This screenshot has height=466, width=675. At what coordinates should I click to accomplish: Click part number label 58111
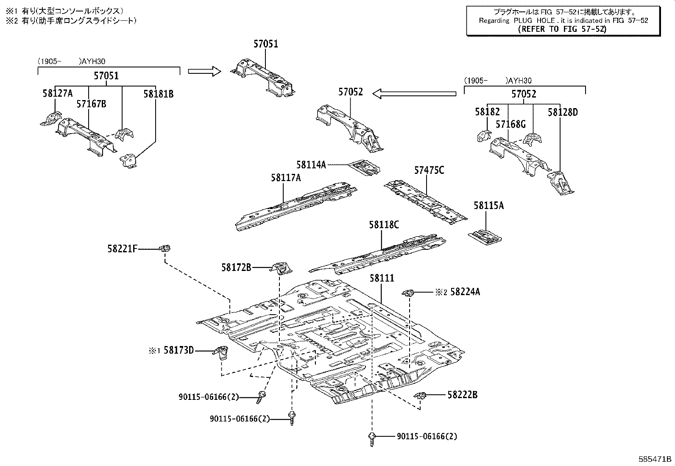click(x=382, y=278)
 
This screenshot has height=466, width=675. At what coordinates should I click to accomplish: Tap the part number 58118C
click(x=384, y=225)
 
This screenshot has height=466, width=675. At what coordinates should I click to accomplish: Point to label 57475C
click(x=429, y=170)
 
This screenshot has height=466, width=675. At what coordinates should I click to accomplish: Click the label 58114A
click(x=311, y=165)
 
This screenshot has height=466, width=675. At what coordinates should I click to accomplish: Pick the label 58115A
click(x=489, y=206)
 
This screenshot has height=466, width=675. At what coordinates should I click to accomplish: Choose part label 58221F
click(x=122, y=249)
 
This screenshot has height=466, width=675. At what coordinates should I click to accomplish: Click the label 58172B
click(x=236, y=267)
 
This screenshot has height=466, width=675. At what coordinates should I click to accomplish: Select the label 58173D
click(x=179, y=350)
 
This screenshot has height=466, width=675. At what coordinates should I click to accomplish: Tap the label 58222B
click(x=462, y=395)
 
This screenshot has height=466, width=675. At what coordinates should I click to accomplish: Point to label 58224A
click(x=465, y=292)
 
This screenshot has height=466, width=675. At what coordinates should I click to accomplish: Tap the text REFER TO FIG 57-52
click(x=562, y=29)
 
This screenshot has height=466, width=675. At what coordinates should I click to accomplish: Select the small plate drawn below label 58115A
click(x=485, y=236)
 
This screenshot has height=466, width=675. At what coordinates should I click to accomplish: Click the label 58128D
click(x=563, y=112)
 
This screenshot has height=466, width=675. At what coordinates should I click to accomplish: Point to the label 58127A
click(x=58, y=93)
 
